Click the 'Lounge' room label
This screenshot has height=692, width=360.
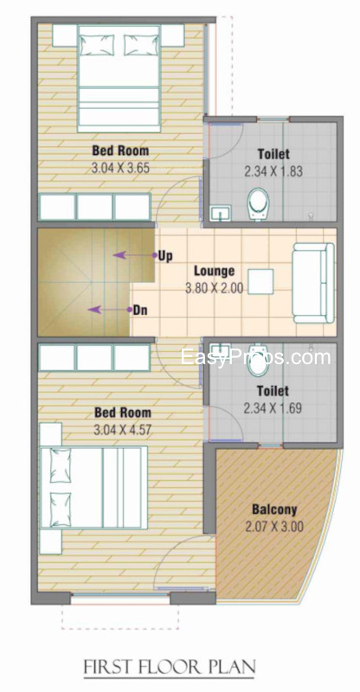point(215,270)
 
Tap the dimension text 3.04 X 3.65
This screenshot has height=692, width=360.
point(121,168)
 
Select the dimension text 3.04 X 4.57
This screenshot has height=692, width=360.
point(122,429)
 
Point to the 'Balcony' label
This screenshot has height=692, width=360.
point(274,509)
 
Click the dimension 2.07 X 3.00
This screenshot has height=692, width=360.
point(273,526)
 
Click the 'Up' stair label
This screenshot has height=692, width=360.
point(165,256)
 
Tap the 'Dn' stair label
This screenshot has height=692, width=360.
point(140,311)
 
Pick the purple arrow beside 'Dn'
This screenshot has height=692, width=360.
point(110,310)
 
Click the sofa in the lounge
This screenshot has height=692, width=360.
point(313,283)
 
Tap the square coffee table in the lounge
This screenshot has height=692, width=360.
point(260,282)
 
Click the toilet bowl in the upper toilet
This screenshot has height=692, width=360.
point(258,204)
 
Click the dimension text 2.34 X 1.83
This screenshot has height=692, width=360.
point(273,170)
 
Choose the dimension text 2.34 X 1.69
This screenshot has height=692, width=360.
point(273,407)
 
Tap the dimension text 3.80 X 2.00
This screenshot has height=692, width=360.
point(215,289)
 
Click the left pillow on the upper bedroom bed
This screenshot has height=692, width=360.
point(96,45)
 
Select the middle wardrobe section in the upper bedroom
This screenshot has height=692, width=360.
point(94,207)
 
